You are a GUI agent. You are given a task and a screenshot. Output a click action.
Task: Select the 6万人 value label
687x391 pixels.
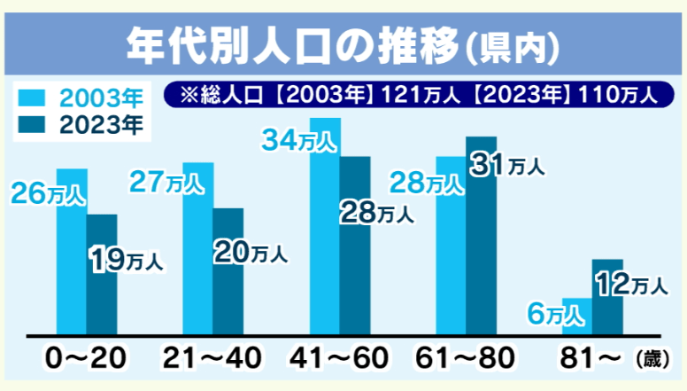pos(557,313)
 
